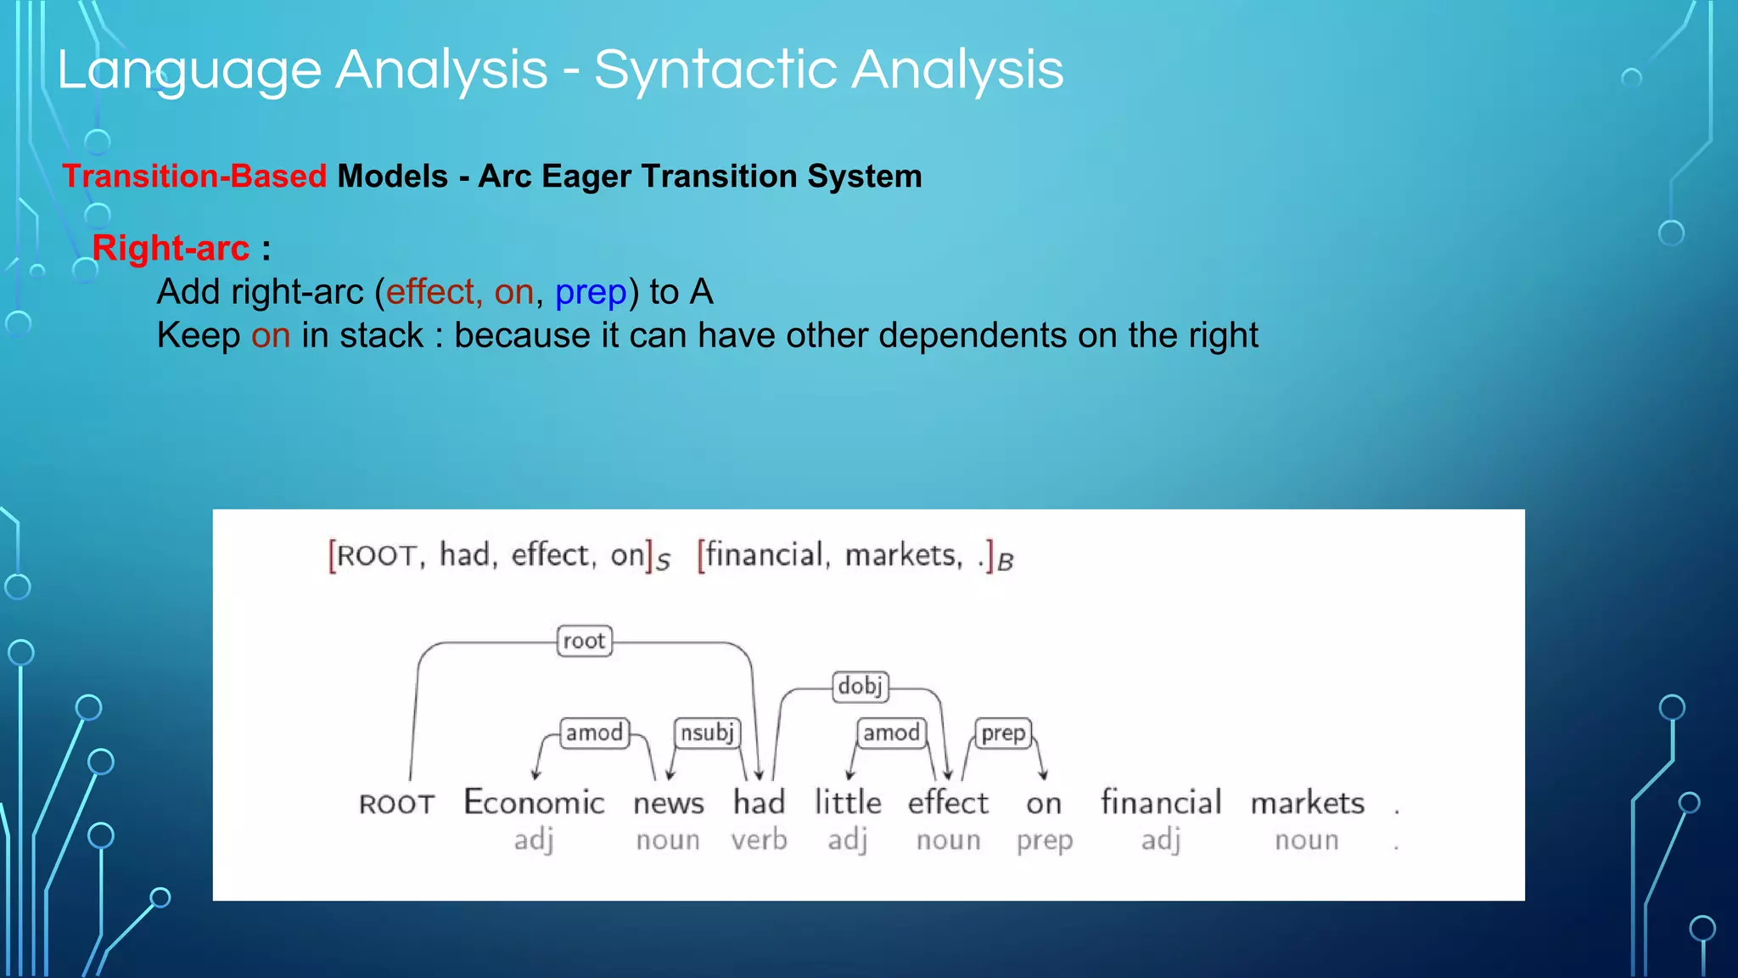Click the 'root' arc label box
584,641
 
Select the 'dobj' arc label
861,686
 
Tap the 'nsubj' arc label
707,733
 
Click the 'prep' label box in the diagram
1003,733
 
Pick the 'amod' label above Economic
594,733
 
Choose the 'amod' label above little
891,733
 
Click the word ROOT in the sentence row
396,804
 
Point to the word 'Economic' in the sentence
534,802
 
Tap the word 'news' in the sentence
669,803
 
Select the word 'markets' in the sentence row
1307,802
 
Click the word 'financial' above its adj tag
1161,802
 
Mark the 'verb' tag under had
759,840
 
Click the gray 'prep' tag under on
1045,840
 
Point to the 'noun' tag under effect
948,840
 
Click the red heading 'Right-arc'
171,248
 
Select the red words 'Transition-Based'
194,177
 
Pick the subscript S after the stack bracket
664,562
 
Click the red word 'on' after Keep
271,336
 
